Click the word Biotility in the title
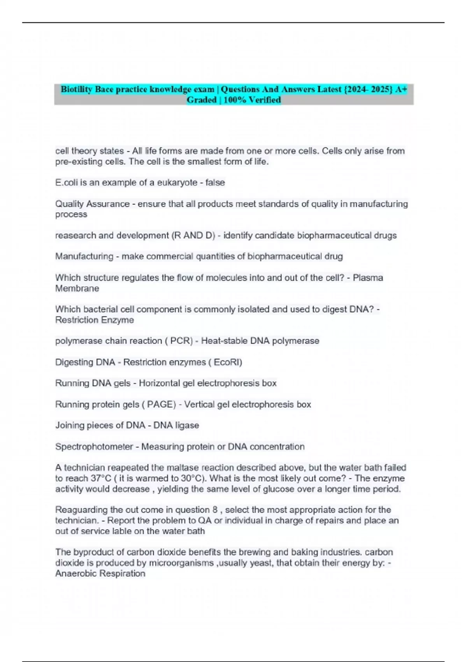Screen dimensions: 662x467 point(76,90)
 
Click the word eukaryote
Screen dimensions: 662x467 point(177,183)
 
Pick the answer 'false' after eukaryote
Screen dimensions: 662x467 point(215,183)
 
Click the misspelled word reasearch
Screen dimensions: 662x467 point(74,236)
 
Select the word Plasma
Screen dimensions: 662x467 point(368,278)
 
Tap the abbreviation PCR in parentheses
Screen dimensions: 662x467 point(181,341)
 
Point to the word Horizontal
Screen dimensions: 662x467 point(160,383)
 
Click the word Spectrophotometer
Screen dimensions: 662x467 point(94,447)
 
